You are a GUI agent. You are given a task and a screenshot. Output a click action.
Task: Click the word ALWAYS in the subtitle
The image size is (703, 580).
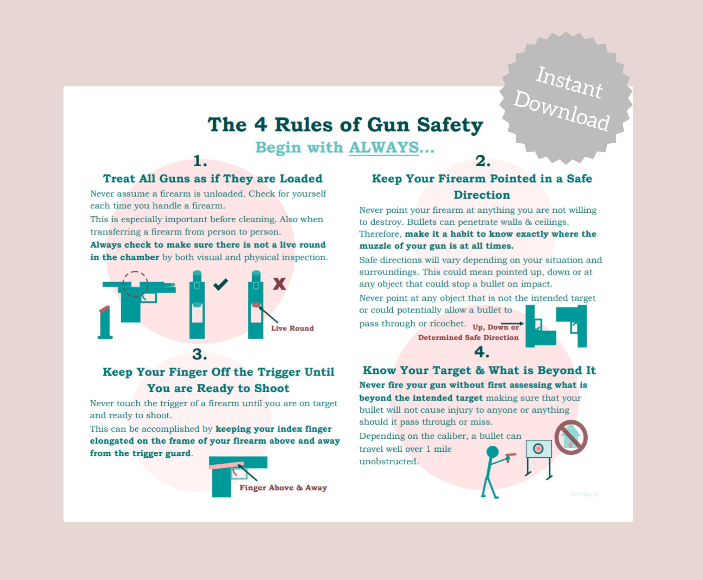[383, 147]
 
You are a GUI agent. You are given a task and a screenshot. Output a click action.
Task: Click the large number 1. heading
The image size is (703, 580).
[200, 161]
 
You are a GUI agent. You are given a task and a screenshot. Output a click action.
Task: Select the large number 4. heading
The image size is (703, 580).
[482, 352]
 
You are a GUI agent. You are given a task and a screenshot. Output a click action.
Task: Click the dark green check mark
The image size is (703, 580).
[221, 284]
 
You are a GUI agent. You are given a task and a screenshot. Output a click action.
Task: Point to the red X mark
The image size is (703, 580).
[279, 284]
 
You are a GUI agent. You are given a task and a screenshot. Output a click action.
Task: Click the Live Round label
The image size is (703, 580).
[292, 328]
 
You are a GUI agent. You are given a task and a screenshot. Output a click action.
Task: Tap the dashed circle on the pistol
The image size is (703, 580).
[135, 284]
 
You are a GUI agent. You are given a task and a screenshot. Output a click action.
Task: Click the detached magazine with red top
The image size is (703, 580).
[105, 323]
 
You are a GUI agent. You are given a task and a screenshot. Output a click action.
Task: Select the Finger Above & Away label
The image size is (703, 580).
[283, 488]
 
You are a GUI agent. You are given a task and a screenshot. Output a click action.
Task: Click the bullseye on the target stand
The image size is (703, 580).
[538, 448]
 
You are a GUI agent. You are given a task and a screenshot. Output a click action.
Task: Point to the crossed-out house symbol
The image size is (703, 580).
[571, 437]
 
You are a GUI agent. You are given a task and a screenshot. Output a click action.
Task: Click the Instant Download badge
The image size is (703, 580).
[565, 98]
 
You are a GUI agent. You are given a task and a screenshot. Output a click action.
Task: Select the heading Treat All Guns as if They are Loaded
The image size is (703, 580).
[212, 179]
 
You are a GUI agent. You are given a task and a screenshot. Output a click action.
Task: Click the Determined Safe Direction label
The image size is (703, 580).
[468, 337]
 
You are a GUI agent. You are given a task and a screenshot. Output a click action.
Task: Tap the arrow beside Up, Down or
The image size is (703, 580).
[512, 323]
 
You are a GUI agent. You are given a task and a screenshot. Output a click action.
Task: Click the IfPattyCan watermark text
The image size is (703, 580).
[584, 495]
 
